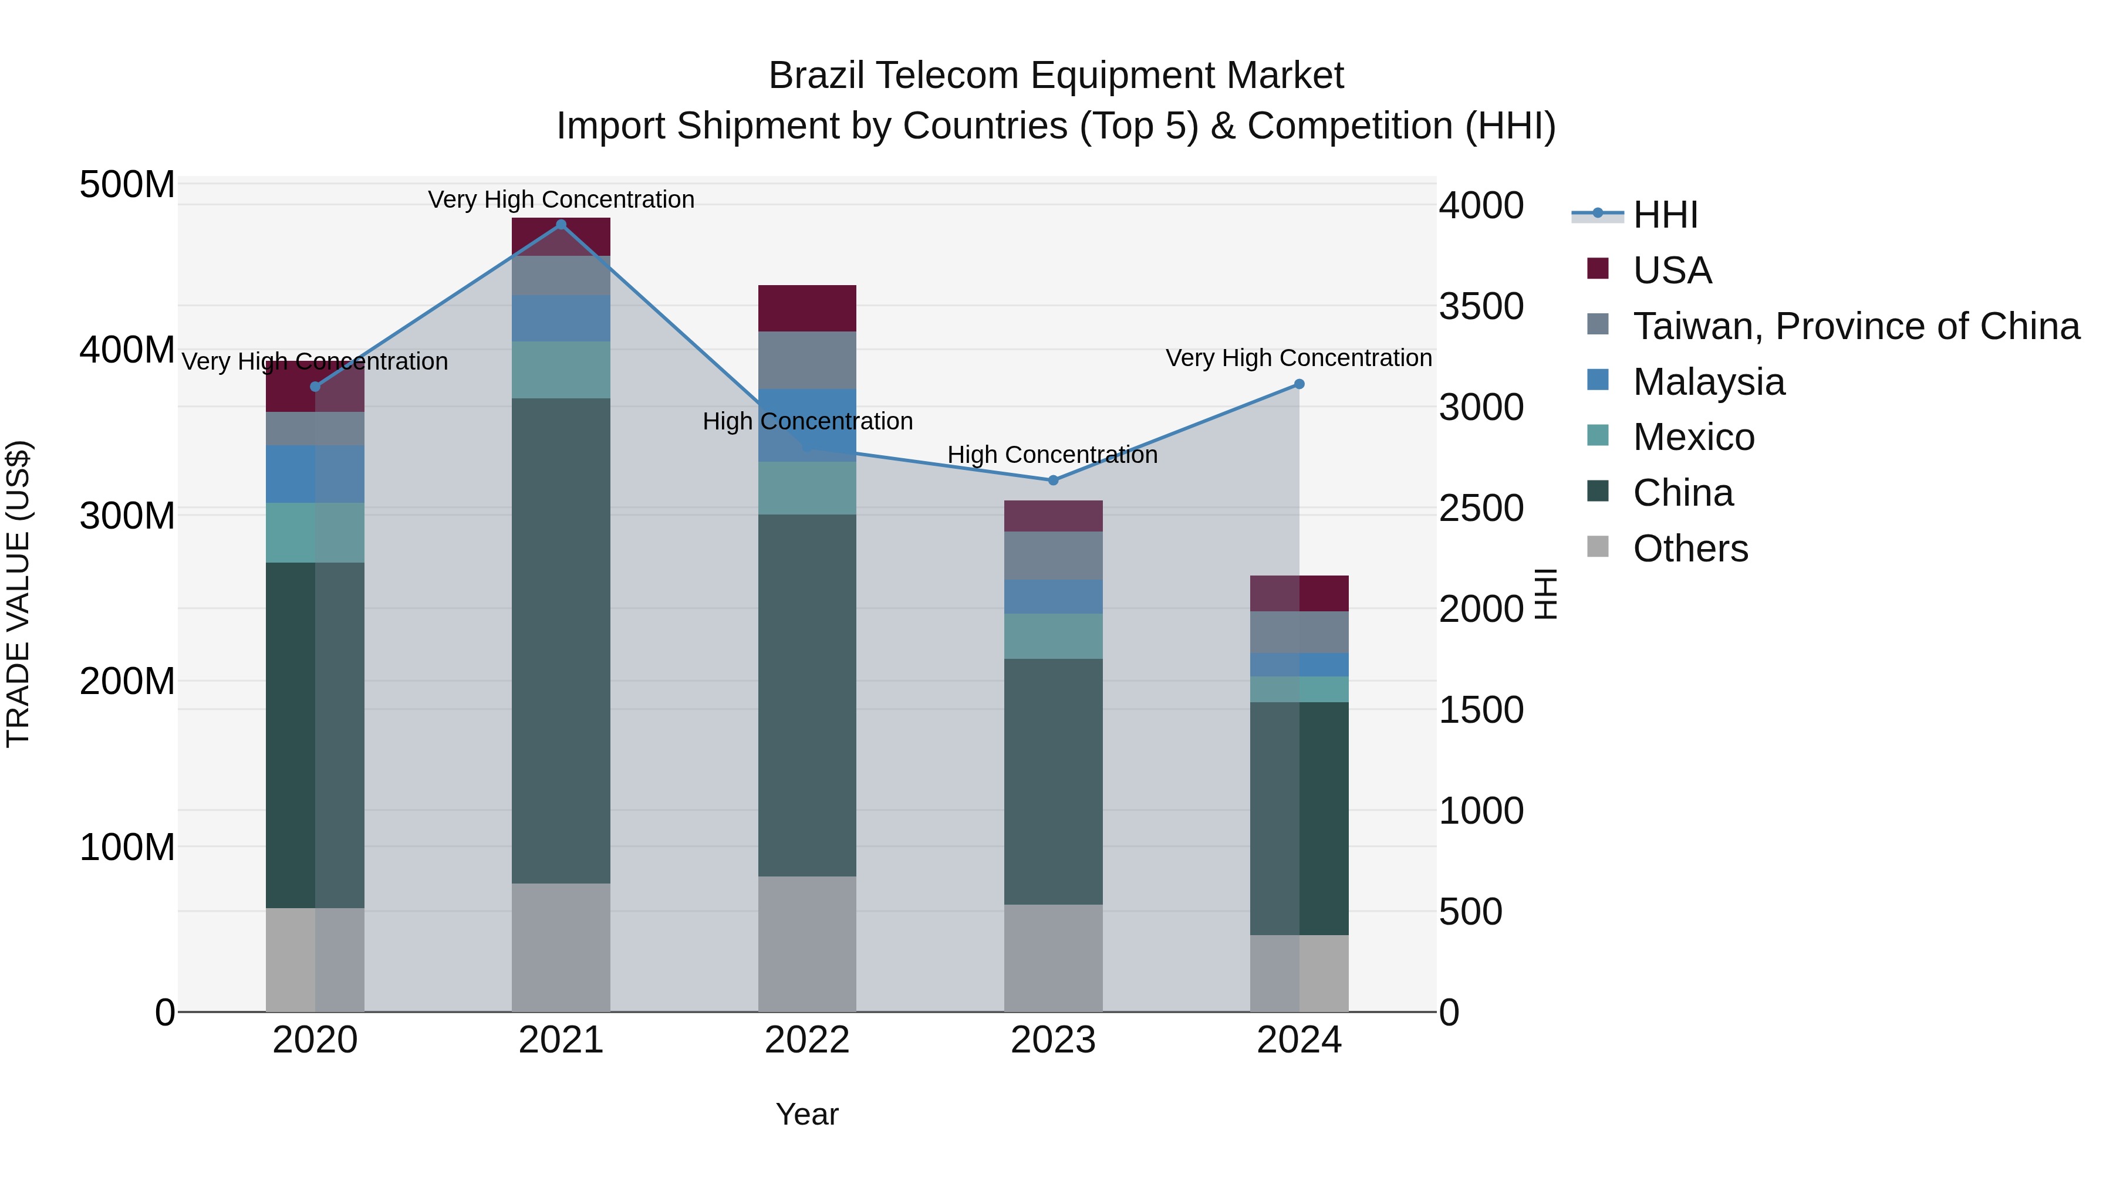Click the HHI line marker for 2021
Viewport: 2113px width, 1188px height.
click(x=561, y=225)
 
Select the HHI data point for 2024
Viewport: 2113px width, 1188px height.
click(x=1299, y=384)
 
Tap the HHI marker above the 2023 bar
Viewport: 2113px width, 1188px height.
click(x=1053, y=480)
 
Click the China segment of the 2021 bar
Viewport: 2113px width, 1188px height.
click(x=561, y=639)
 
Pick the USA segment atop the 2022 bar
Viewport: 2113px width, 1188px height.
click(x=807, y=308)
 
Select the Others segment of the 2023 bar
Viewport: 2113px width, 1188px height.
click(x=1053, y=957)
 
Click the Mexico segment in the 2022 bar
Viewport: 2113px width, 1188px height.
click(x=807, y=488)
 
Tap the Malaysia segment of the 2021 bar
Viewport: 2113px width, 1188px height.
click(x=561, y=318)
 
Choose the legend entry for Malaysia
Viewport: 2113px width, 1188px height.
click(x=1708, y=382)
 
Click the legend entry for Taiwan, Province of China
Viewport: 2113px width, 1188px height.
click(x=1855, y=326)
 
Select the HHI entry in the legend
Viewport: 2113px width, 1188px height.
click(x=1665, y=215)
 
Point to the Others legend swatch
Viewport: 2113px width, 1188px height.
click(x=1598, y=546)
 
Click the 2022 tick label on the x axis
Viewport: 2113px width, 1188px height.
click(x=807, y=1040)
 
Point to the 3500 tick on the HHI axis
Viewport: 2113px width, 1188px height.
click(x=1481, y=307)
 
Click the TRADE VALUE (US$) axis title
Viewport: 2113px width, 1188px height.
click(x=18, y=594)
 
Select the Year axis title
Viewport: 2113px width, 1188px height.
click(x=807, y=1114)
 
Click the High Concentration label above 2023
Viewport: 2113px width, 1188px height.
click(x=1052, y=454)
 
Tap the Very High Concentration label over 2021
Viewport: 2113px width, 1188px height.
click(x=561, y=199)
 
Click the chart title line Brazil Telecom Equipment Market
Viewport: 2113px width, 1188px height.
click(x=1056, y=76)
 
